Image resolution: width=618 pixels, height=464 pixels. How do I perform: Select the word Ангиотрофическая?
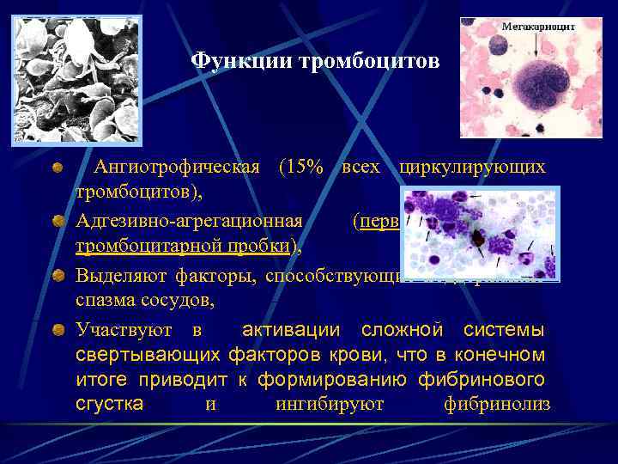click(x=176, y=167)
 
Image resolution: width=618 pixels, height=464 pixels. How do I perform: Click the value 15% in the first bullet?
click(x=301, y=167)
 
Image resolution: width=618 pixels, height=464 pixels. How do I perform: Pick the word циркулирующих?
click(x=471, y=167)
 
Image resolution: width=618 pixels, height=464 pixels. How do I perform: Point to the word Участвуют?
click(x=126, y=331)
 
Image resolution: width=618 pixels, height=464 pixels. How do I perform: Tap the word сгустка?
click(x=110, y=404)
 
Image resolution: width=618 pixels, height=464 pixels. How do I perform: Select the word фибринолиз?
click(x=497, y=404)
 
